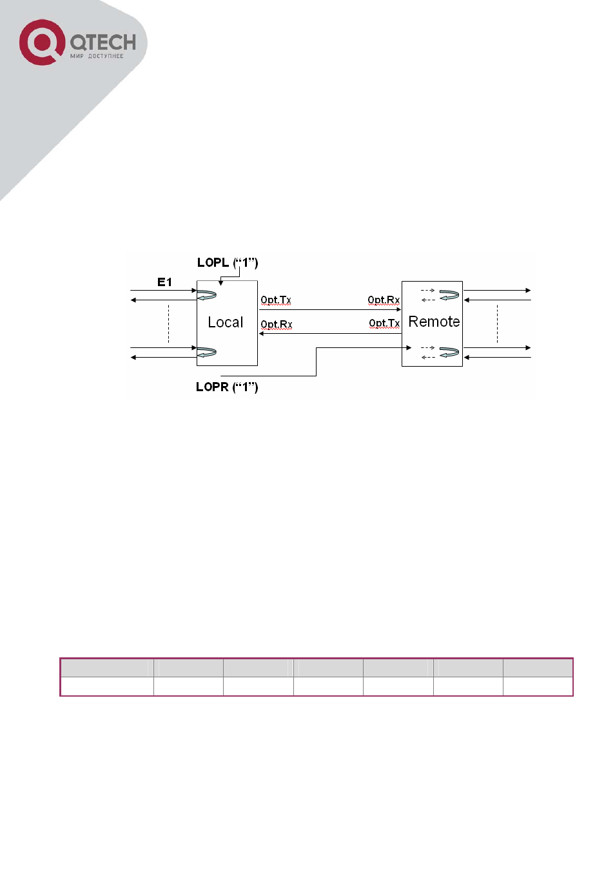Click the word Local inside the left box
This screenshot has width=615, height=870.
pos(226,322)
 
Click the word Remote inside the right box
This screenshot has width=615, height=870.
pos(434,322)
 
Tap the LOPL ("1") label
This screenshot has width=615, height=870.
pos(228,262)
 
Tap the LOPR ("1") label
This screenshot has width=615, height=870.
pos(227,387)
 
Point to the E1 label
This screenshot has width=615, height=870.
pos(164,282)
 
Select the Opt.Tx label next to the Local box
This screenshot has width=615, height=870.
pos(276,300)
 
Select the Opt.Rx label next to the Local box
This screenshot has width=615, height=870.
pos(276,324)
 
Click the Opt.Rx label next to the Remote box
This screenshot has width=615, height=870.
pos(384,300)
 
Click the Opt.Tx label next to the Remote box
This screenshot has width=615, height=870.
pos(384,323)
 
